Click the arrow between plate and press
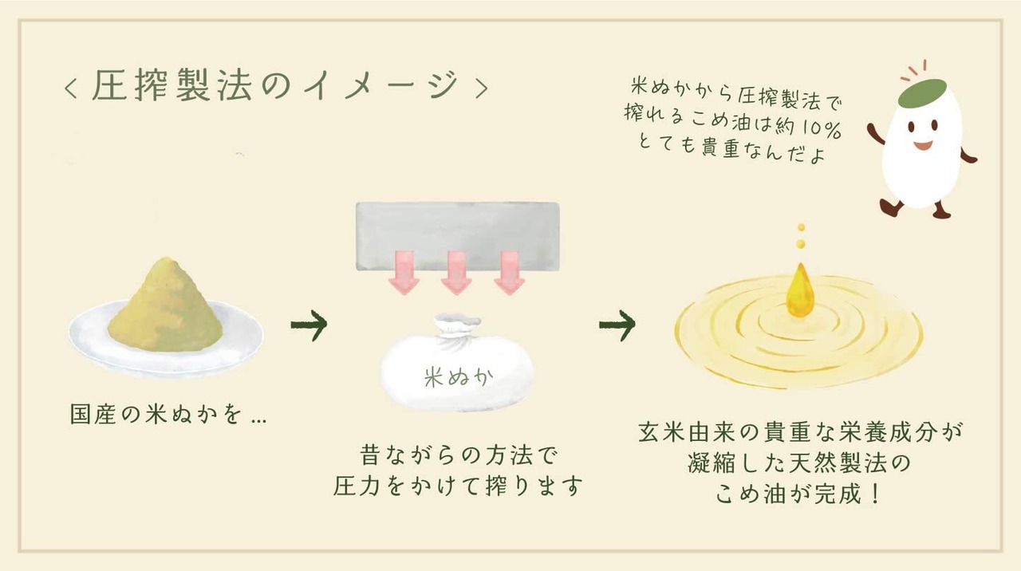(309, 325)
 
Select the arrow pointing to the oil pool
(617, 325)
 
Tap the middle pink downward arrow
(457, 272)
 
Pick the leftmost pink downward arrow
(406, 272)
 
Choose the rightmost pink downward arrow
(508, 272)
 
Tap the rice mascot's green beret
(922, 93)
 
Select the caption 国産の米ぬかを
(168, 415)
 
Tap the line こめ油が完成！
(798, 494)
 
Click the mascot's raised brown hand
(875, 133)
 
